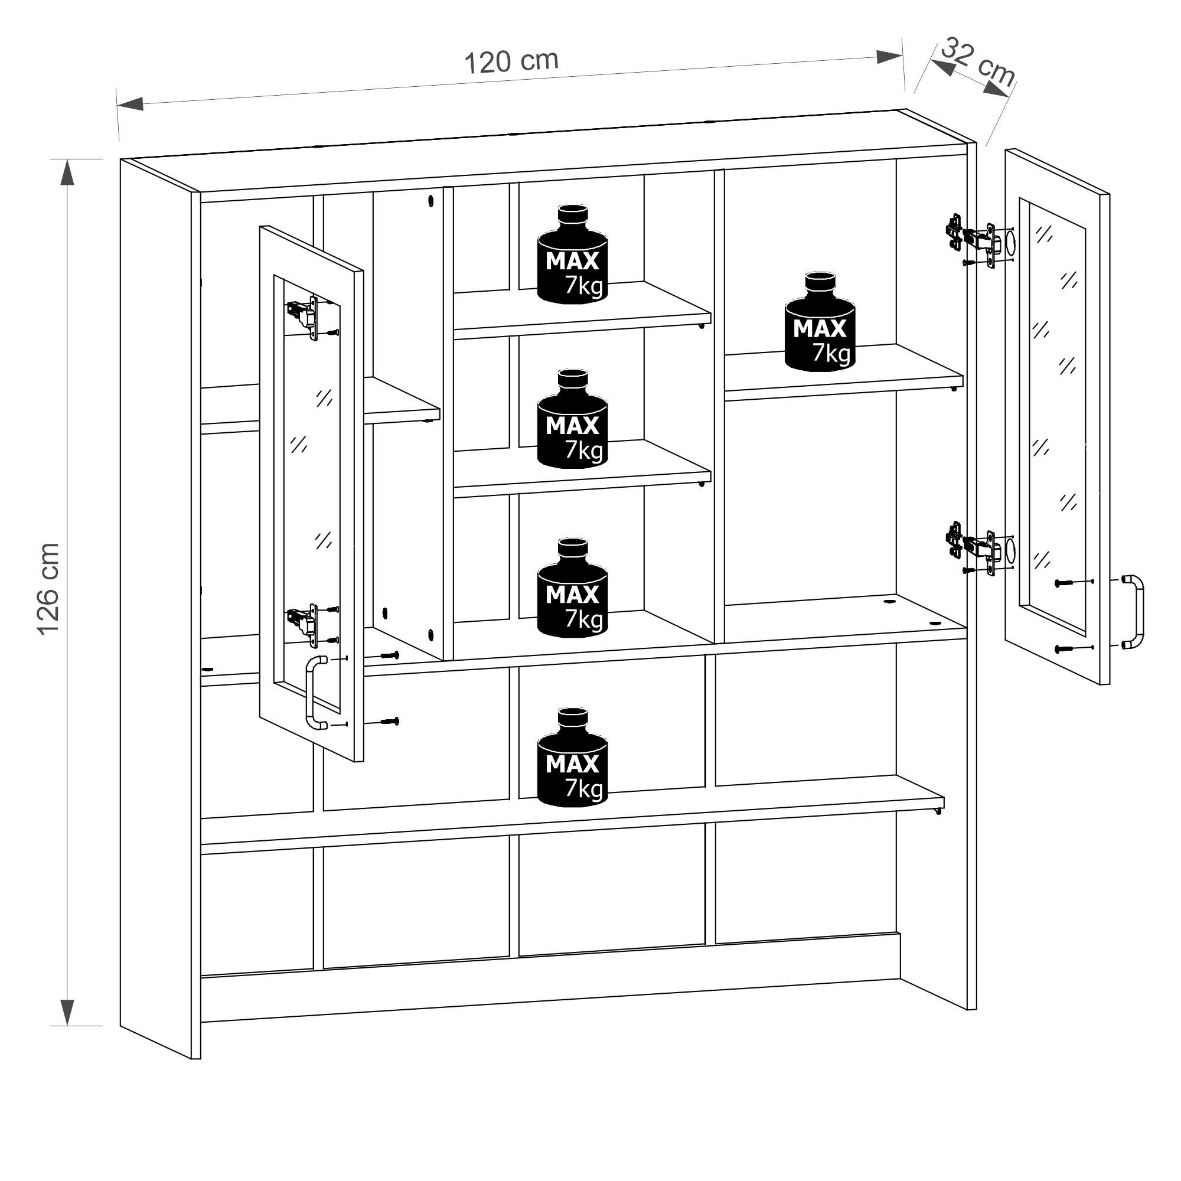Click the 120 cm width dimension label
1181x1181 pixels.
point(511,61)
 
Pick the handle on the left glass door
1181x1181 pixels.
point(315,692)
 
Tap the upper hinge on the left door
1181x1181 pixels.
point(303,317)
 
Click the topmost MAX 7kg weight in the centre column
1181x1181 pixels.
point(572,255)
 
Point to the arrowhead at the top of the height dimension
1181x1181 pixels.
point(67,172)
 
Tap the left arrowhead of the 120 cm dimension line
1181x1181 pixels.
point(129,104)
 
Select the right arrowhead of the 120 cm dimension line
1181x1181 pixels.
point(889,57)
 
